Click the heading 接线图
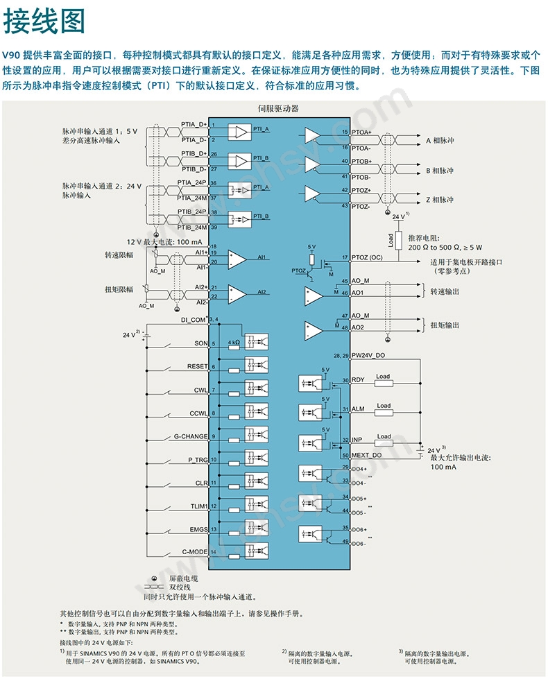pos(44,22)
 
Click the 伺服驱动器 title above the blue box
pos(277,108)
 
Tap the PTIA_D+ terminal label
pos(194,123)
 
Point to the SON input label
pos(200,343)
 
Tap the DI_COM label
pos(194,320)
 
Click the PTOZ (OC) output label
pos(367,257)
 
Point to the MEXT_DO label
pos(366,455)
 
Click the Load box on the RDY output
pos(383,377)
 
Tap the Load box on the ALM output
pos(383,406)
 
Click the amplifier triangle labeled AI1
pos(237,259)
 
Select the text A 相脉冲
pos(439,141)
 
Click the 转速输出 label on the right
pos(445,291)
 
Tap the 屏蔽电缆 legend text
pos(184,578)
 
